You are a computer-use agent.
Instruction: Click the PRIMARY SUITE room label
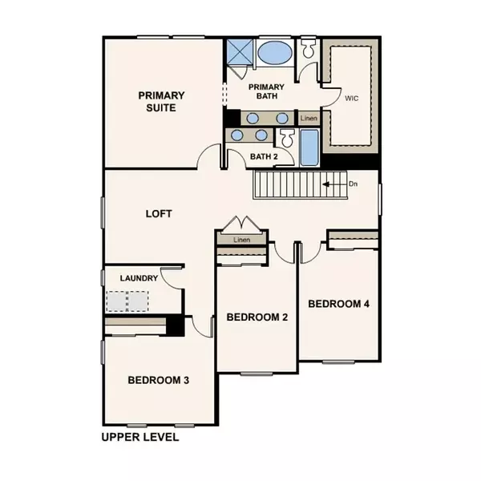click(x=157, y=100)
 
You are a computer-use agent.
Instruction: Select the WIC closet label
click(x=350, y=99)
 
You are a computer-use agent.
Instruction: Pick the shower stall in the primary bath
click(x=240, y=53)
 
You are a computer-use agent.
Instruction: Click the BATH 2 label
click(x=264, y=156)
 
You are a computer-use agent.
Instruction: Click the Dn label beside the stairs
click(x=354, y=184)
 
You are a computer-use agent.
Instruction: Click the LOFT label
click(x=159, y=214)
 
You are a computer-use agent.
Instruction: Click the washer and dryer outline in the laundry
click(x=128, y=301)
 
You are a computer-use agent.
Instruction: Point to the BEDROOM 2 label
click(x=257, y=317)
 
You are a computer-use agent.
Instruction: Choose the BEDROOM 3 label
click(x=158, y=380)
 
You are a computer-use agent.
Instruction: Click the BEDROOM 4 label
click(x=338, y=304)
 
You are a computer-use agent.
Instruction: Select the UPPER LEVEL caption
click(x=139, y=439)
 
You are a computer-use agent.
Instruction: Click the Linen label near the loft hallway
click(x=243, y=240)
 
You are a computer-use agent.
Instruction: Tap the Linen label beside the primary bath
click(x=309, y=119)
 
